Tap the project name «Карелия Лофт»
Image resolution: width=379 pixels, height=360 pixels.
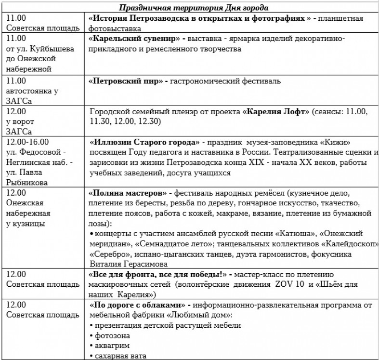276,112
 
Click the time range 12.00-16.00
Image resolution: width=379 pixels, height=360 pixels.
27,142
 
